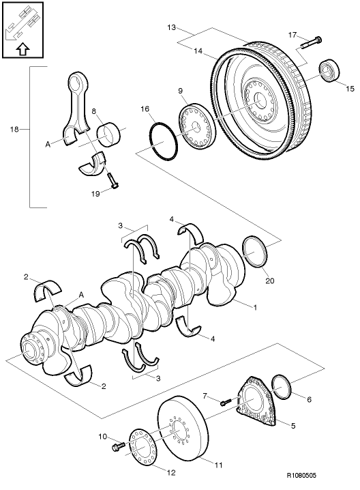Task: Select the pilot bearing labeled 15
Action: coord(331,70)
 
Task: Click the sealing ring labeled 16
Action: coord(164,143)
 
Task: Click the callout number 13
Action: coord(172,28)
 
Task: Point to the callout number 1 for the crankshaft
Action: coord(255,308)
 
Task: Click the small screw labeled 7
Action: coord(226,402)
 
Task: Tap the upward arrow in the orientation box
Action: coord(22,49)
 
